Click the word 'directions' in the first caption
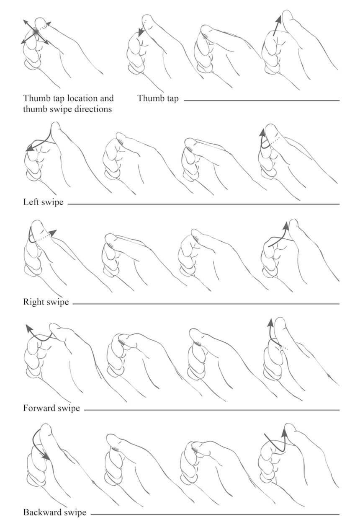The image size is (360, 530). [92, 110]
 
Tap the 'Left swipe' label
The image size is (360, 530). [44, 202]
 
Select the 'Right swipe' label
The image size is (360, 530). [46, 302]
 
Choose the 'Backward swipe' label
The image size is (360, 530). [55, 512]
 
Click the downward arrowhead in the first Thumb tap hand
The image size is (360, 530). [140, 33]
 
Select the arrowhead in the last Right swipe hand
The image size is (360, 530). [286, 225]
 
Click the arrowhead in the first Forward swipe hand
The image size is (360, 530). [28, 327]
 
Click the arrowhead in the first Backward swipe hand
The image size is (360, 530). [47, 457]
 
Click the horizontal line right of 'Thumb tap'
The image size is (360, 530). [262, 101]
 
